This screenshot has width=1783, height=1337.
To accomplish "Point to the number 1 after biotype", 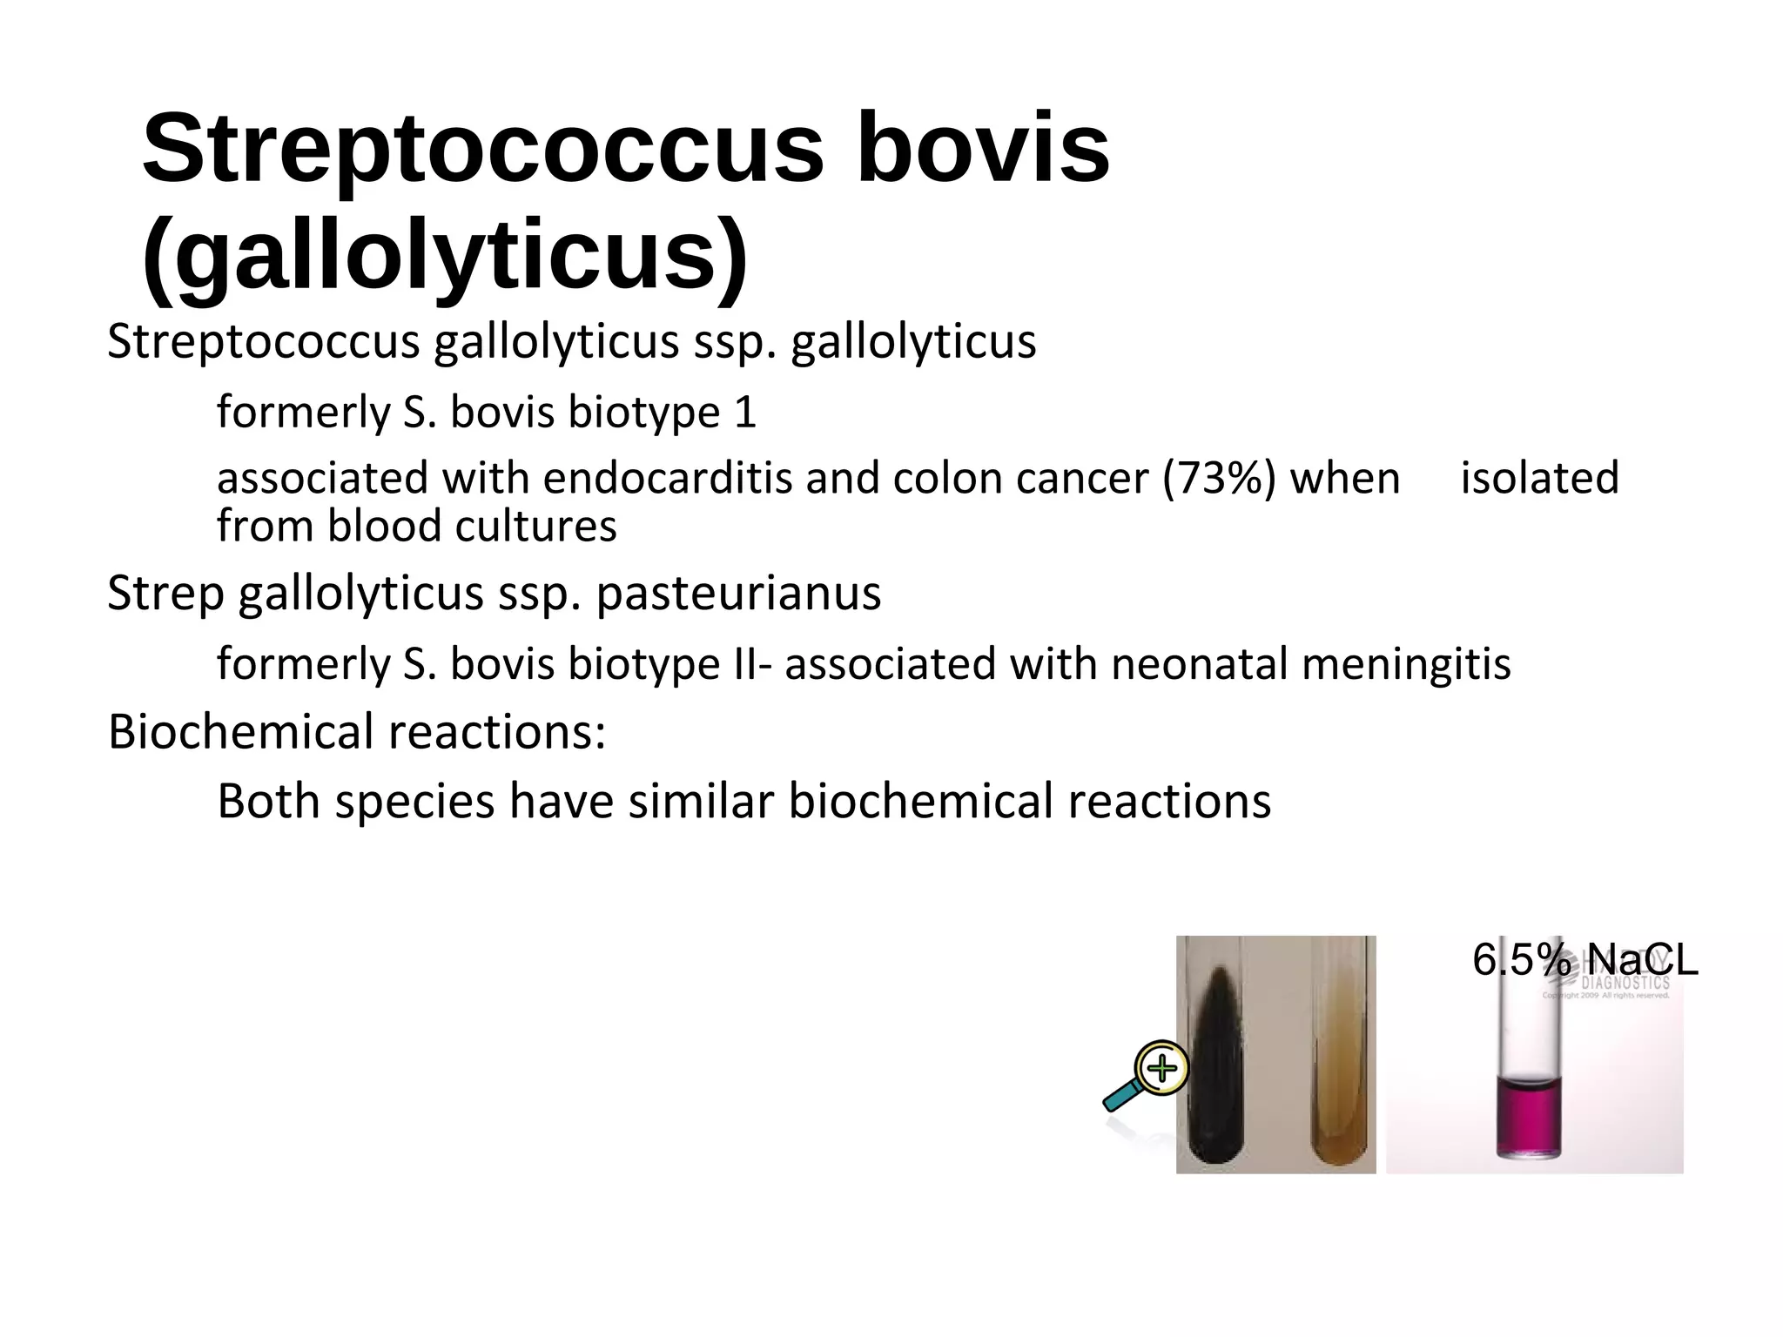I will [745, 412].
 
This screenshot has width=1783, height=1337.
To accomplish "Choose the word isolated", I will [1539, 478].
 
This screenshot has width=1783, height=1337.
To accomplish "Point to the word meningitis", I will [1406, 663].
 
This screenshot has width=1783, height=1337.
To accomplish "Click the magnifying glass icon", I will [1147, 1076].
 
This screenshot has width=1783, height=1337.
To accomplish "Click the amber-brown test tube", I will [1339, 1079].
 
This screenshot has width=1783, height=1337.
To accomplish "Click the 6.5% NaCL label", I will [1585, 960].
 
